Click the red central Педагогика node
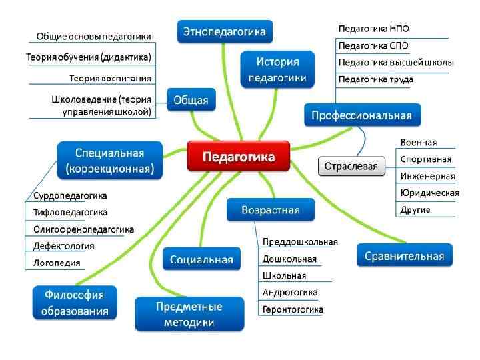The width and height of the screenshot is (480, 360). tap(238, 157)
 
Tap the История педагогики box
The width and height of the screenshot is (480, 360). tap(277, 69)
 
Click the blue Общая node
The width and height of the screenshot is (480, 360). tap(191, 101)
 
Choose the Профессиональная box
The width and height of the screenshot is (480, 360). tap(362, 115)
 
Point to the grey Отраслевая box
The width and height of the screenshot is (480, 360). tap(351, 166)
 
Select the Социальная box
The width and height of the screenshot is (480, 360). tap(201, 259)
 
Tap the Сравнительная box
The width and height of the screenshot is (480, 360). tap(405, 255)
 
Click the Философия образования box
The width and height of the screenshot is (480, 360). tap(74, 302)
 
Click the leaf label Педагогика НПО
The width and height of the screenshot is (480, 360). tap(374, 30)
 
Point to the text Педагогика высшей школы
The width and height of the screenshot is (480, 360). tap(396, 62)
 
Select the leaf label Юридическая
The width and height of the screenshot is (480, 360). tap(429, 193)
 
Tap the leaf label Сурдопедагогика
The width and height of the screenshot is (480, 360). tap(70, 196)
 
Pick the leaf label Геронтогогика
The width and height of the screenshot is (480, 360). tap(293, 309)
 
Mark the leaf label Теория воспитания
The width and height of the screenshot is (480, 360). tap(110, 79)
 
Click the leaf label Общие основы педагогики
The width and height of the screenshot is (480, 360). tap(94, 36)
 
